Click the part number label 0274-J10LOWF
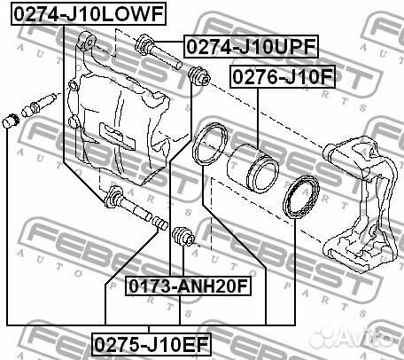pos(89,14)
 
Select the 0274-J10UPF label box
pos(251,46)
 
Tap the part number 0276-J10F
pos(283,76)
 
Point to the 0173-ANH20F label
pos(189,286)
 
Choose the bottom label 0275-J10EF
pos(151,345)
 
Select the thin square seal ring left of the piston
pos(210,145)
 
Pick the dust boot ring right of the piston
pos(301,197)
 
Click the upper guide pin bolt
pos(158,51)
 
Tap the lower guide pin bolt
pos(128,203)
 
